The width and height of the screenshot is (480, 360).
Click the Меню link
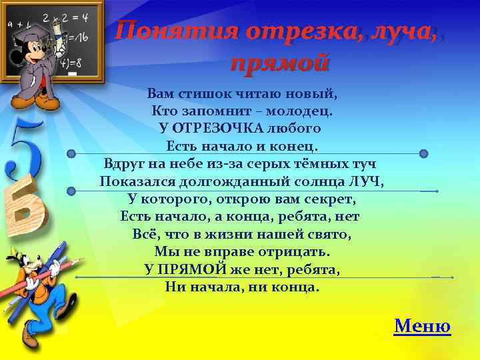click(422, 326)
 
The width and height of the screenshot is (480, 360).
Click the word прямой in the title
click(280, 63)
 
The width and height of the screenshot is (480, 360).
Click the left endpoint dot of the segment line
click(71, 154)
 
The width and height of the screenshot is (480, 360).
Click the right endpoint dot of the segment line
click(423, 154)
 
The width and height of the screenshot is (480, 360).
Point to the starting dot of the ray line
click(71, 191)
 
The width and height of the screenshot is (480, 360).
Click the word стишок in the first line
click(204, 93)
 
